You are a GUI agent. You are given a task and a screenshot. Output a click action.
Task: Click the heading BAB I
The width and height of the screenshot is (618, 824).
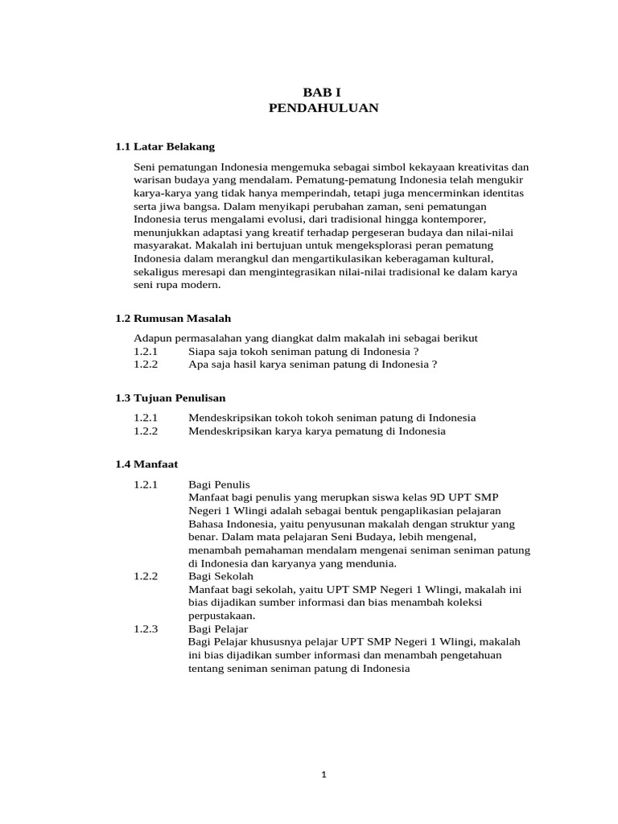[x=323, y=93]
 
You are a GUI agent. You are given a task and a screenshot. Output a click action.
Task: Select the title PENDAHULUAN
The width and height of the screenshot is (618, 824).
[x=323, y=108]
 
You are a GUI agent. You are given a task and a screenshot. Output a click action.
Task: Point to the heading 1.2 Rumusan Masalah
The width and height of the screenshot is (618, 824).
[x=173, y=319]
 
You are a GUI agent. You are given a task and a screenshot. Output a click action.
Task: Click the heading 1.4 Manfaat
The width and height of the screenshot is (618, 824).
[x=146, y=464]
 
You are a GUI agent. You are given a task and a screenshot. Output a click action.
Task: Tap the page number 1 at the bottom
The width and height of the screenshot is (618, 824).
[x=323, y=775]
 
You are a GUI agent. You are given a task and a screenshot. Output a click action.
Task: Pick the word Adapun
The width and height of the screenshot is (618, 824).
[x=152, y=338]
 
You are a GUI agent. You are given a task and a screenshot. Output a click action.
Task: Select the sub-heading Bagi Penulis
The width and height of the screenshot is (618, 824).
[x=219, y=484]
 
